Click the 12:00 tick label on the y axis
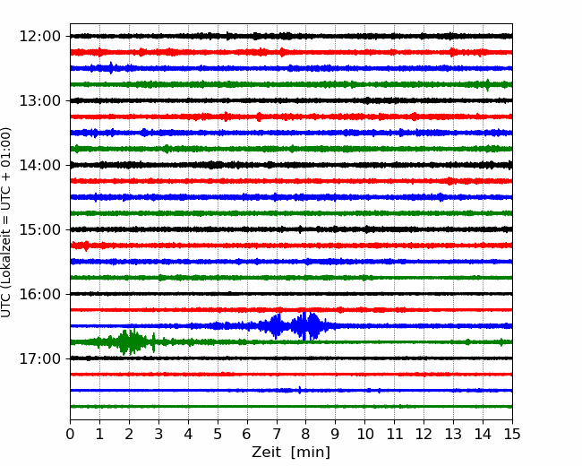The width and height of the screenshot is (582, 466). (x=39, y=37)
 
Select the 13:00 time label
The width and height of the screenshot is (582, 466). (x=39, y=100)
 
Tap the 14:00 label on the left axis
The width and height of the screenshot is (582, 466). (x=39, y=165)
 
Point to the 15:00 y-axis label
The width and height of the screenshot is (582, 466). (x=39, y=229)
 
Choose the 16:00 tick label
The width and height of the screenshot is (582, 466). (x=39, y=294)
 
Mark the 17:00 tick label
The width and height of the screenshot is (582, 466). (x=39, y=358)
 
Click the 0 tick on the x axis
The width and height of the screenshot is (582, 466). (x=70, y=434)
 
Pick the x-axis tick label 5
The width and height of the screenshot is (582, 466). (x=218, y=434)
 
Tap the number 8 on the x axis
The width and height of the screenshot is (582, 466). (x=306, y=434)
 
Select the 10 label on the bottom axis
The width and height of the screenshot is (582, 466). (x=364, y=434)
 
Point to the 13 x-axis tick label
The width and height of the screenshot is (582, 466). (x=453, y=434)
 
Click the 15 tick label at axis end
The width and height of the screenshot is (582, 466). (x=512, y=434)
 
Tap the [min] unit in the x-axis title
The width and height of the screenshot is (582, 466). (x=311, y=453)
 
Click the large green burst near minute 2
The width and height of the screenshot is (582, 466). (x=129, y=341)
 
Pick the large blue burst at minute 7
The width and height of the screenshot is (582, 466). (x=276, y=326)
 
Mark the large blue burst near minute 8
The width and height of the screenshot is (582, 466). (x=306, y=326)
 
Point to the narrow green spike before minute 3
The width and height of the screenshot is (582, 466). (x=154, y=342)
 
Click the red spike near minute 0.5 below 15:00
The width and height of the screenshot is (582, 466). (x=86, y=246)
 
